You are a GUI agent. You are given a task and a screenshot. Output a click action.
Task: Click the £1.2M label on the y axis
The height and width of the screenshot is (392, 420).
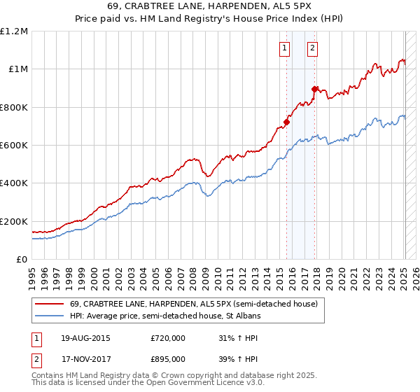pyautogui.click(x=14, y=31)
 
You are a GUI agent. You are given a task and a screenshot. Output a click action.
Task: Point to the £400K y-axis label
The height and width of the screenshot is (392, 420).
pyautogui.click(x=14, y=183)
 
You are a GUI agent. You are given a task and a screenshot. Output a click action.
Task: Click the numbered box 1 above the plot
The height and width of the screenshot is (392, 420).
pyautogui.click(x=285, y=48)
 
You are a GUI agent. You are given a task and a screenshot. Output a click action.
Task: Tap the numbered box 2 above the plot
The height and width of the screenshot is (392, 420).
pyautogui.click(x=312, y=48)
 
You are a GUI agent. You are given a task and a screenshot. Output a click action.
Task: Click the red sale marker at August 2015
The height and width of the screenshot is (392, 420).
pyautogui.click(x=286, y=122)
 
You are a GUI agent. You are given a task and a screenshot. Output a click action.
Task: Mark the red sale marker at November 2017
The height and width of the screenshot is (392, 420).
pyautogui.click(x=314, y=89)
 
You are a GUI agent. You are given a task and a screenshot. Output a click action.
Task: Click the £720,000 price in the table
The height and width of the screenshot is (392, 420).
pyautogui.click(x=168, y=338)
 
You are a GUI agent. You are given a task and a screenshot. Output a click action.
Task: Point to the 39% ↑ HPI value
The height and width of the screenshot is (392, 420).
pyautogui.click(x=239, y=358)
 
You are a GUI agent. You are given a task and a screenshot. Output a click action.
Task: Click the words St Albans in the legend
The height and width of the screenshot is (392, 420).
pyautogui.click(x=244, y=316)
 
